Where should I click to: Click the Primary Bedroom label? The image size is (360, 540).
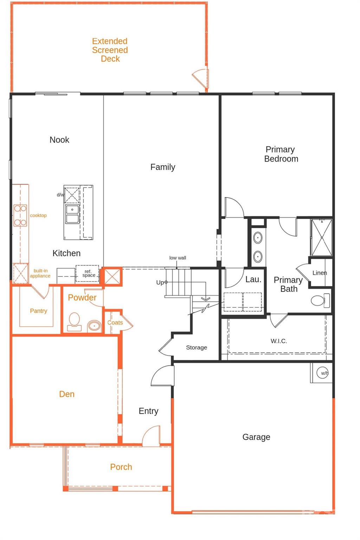click(x=281, y=154)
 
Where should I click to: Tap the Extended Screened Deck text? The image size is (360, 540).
click(x=110, y=50)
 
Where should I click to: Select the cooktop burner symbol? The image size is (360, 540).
click(x=20, y=215)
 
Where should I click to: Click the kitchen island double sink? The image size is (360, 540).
click(x=72, y=214)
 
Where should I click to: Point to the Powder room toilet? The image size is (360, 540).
click(x=74, y=322)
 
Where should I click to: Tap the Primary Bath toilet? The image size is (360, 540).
click(x=319, y=301)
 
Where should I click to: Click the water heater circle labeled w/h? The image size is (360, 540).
click(x=323, y=373)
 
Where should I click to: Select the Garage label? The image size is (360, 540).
click(x=256, y=437)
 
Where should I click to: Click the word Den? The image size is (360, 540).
click(x=67, y=394)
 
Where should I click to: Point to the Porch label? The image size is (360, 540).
click(x=121, y=467)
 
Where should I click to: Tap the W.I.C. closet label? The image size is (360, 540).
click(x=279, y=341)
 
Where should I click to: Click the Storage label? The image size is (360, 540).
click(x=197, y=347)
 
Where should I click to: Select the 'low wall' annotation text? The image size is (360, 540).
click(x=178, y=258)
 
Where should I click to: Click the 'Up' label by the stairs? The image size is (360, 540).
click(x=160, y=282)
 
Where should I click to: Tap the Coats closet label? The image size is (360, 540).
click(x=115, y=322)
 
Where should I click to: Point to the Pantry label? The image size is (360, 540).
click(x=38, y=311)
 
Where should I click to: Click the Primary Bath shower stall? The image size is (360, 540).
click(x=322, y=237)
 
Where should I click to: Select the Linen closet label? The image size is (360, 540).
click(x=320, y=273)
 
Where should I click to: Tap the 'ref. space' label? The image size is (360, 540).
click(x=89, y=273)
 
